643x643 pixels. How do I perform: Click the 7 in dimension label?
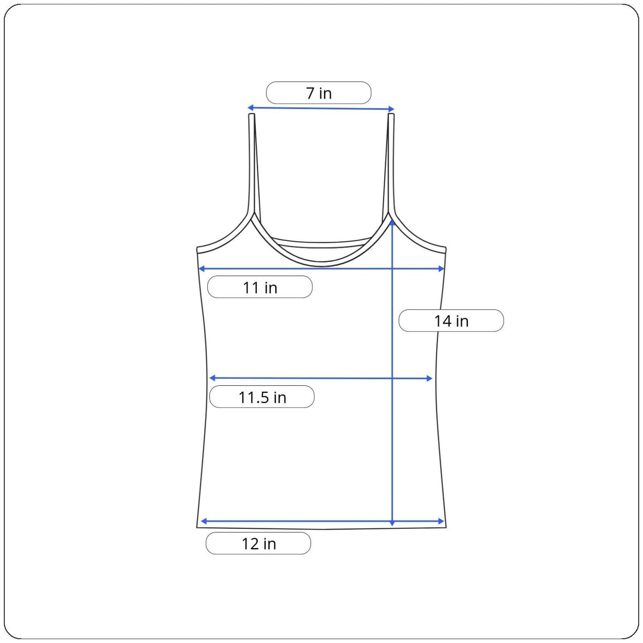click(319, 93)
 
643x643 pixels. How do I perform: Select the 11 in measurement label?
click(260, 288)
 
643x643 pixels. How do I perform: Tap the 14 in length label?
click(451, 321)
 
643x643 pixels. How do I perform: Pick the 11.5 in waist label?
click(262, 398)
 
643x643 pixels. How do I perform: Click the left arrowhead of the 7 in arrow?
click(250, 108)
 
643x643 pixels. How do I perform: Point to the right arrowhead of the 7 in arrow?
click(392, 109)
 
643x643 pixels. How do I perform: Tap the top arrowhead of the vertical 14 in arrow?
click(392, 221)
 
